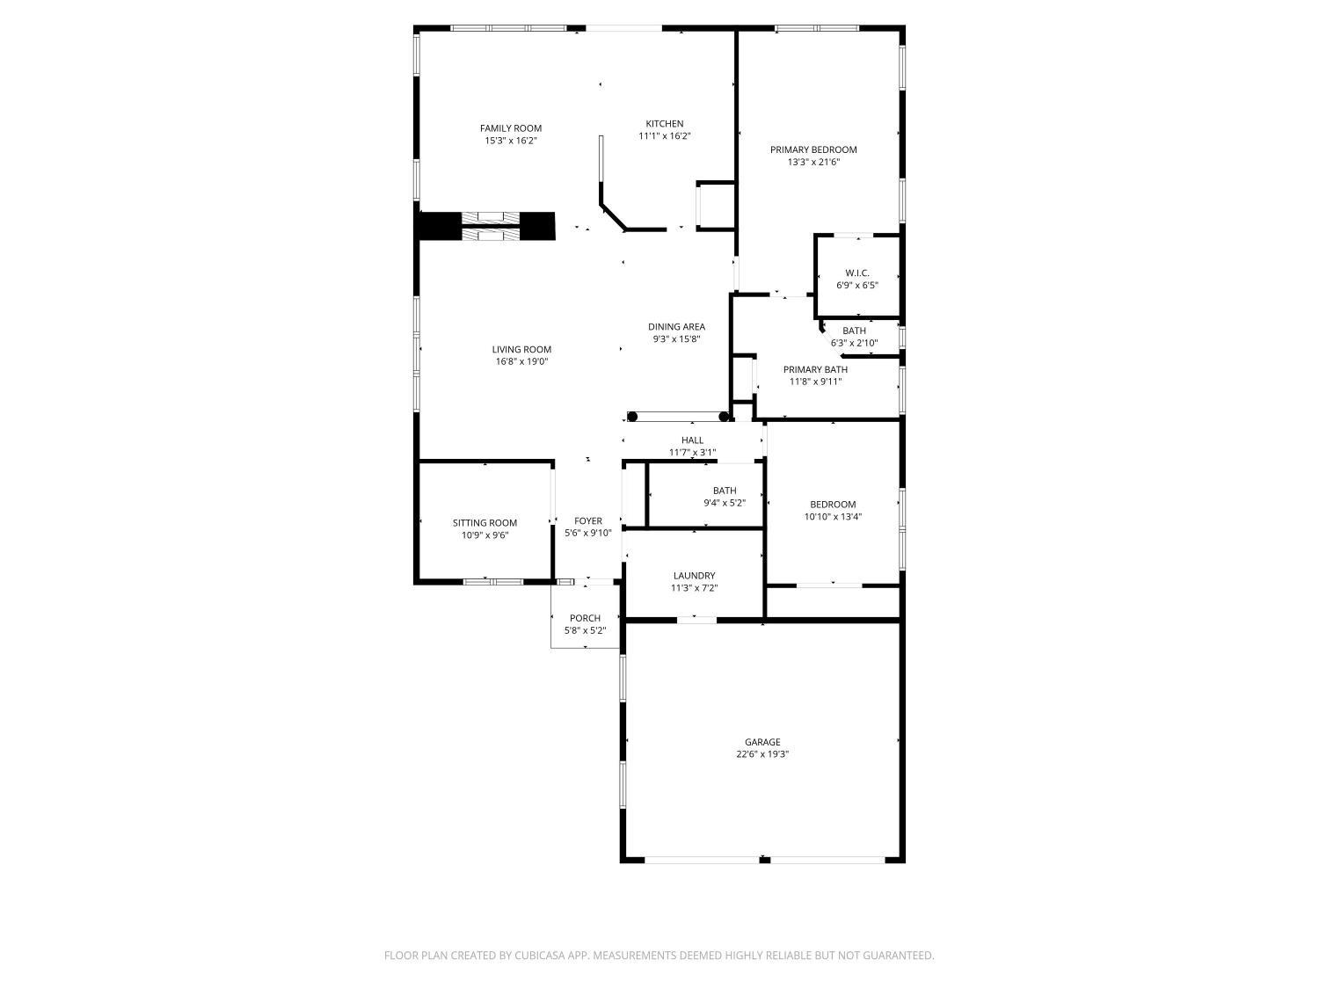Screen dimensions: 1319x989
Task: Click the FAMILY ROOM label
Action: coord(510,127)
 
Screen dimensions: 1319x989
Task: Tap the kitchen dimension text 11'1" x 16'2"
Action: coord(664,135)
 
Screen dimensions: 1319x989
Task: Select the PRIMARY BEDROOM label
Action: coord(813,149)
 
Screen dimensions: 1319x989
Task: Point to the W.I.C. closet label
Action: coord(856,273)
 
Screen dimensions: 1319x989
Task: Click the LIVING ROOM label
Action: coord(521,350)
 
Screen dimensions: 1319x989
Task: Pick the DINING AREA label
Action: coord(676,327)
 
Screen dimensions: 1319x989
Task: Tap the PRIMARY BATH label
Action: coord(815,369)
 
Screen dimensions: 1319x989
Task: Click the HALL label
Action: coord(692,440)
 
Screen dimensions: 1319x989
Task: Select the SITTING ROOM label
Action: coord(485,523)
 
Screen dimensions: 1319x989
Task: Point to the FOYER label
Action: coord(587,521)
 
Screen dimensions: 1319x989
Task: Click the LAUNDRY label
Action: coord(694,576)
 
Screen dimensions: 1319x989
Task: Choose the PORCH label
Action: coord(585,619)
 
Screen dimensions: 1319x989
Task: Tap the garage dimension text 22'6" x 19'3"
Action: coord(762,754)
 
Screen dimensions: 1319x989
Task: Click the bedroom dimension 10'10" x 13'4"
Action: coord(833,516)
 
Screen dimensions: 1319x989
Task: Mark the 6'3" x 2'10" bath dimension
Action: coord(854,343)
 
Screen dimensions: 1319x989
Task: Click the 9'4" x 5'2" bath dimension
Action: coord(724,503)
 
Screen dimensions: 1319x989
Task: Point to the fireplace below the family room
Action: coord(486,226)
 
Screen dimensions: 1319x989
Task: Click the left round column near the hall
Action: coord(632,417)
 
